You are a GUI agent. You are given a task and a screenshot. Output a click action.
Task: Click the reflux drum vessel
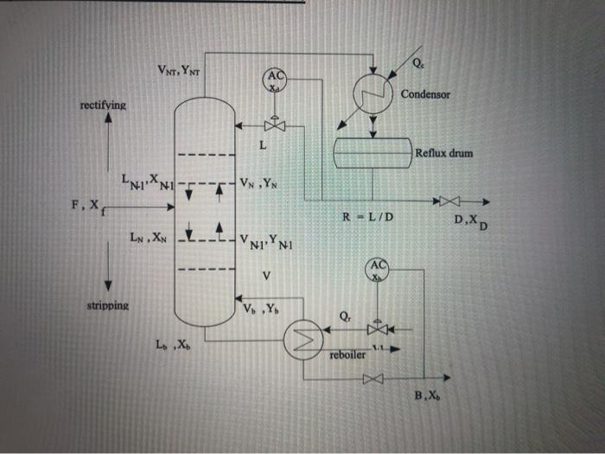[373, 151]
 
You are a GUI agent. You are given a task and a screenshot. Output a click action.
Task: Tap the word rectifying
[103, 105]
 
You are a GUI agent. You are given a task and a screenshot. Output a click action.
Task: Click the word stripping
[107, 306]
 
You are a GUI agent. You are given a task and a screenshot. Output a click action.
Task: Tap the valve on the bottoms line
[373, 379]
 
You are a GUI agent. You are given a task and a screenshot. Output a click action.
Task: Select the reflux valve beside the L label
[275, 126]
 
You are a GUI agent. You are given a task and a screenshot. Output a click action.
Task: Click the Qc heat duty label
[418, 64]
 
